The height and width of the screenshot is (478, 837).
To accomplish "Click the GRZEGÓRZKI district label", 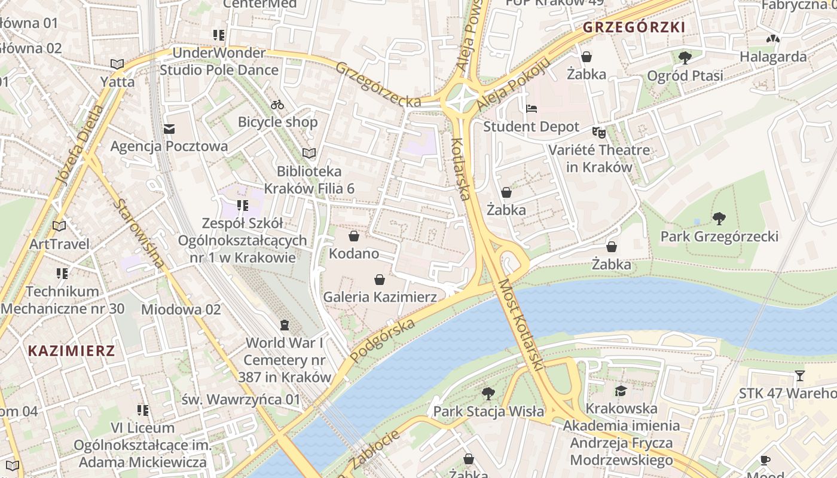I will [634, 27].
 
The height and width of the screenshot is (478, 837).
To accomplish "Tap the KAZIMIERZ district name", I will [71, 351].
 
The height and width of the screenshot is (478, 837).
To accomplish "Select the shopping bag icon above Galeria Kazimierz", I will [379, 279].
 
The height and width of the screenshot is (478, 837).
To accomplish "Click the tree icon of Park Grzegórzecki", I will [719, 219].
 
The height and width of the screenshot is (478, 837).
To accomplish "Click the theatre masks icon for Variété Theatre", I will [598, 132].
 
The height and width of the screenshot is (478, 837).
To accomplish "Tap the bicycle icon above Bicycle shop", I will [277, 105].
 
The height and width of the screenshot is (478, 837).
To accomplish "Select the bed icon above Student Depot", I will [531, 109].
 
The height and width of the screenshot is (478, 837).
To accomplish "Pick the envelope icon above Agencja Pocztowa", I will [169, 128].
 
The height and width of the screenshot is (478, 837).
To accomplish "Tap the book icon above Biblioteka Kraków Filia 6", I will [309, 154].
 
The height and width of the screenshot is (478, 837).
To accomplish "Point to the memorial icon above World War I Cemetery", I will [285, 325].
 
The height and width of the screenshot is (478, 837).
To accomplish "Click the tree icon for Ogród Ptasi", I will [685, 57].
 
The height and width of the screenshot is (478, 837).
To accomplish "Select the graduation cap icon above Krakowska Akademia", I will [621, 391].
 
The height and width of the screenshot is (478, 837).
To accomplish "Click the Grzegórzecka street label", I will [378, 85].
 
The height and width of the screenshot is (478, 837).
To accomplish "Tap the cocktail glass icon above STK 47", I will [800, 376].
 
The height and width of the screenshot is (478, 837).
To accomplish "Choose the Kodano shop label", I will [354, 253].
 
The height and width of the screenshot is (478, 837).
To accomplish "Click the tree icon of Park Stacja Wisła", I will [488, 393].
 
